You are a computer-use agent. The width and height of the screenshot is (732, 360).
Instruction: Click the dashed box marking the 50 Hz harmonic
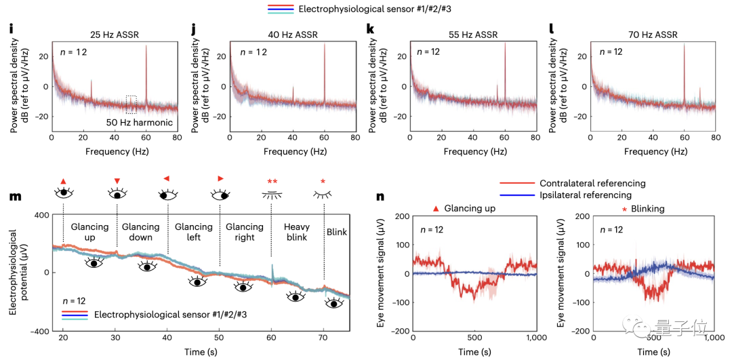131,104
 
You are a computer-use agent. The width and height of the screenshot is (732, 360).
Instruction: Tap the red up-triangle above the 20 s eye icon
63,181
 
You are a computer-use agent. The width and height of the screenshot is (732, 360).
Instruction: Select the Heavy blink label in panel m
296,232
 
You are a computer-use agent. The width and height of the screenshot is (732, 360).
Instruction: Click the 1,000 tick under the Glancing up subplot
535,337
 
